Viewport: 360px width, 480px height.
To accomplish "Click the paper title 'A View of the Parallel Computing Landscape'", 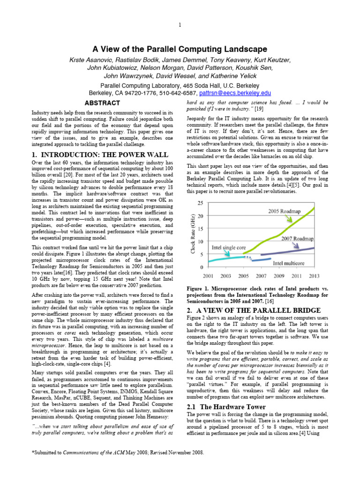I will (x=180, y=49).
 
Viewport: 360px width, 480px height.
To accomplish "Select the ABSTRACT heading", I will (x=99, y=103).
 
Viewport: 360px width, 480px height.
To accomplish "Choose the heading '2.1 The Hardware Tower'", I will (x=226, y=407).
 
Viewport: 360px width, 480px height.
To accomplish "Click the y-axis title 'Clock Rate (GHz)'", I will (x=192, y=234).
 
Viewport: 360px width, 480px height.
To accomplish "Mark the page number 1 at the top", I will (x=180, y=25).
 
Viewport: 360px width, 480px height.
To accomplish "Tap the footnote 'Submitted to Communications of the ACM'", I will (x=118, y=452).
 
